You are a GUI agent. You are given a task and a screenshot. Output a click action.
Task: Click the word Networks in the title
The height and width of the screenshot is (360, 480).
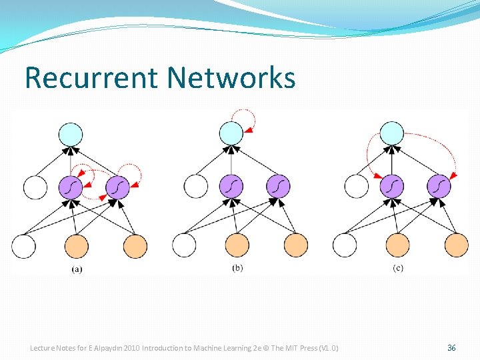pyautogui.click(x=231, y=77)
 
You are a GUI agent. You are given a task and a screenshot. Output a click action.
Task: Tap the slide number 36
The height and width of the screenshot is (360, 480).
pyautogui.click(x=451, y=348)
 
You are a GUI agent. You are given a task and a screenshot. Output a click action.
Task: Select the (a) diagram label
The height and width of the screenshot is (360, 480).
pyautogui.click(x=77, y=269)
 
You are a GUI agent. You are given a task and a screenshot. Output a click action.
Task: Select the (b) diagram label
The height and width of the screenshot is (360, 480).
pyautogui.click(x=237, y=268)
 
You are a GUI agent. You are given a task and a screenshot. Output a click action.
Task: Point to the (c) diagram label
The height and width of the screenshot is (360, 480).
pyautogui.click(x=398, y=268)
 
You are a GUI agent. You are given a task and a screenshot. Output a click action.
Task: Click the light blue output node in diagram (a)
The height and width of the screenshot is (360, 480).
pyautogui.click(x=71, y=134)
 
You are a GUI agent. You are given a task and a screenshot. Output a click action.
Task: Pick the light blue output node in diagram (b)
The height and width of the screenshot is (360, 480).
pyautogui.click(x=231, y=133)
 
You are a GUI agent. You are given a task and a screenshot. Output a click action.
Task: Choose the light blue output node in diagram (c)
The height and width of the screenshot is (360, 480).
pyautogui.click(x=392, y=133)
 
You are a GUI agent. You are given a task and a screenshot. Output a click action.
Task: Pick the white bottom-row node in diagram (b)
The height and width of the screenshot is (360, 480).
pyautogui.click(x=185, y=245)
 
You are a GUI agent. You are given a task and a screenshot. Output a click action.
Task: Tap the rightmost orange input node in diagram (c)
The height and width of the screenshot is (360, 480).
pyautogui.click(x=456, y=245)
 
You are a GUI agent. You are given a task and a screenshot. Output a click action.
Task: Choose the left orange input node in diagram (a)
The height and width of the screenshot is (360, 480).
pyautogui.click(x=77, y=246)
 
